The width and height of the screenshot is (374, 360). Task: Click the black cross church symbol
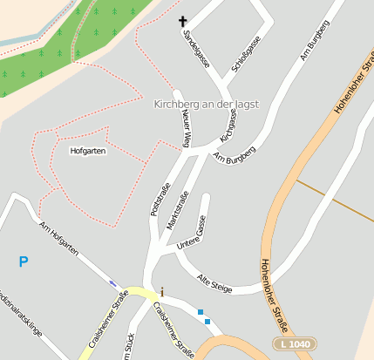[183, 21]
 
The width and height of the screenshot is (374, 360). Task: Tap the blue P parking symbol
[24, 262]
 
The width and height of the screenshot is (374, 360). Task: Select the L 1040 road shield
[295, 344]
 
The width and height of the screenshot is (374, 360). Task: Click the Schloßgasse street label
[246, 55]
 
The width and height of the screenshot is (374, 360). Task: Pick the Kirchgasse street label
[229, 126]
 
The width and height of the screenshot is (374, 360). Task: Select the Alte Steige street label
[215, 283]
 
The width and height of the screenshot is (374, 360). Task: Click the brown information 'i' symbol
[161, 292]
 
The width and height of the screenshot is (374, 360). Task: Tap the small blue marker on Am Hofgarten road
[113, 282]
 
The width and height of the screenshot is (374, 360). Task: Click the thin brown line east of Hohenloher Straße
[336, 198]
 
